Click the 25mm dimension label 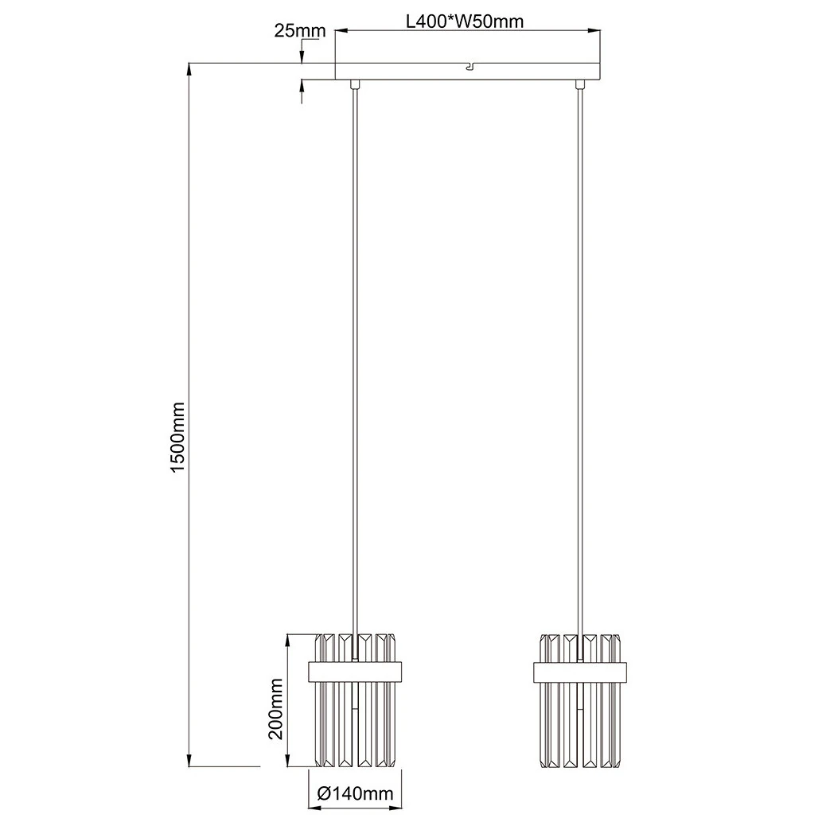point(300,30)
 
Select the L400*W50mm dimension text point(466,21)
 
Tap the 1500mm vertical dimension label point(178,437)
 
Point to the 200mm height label point(275,708)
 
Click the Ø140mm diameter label point(356,793)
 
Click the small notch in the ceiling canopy point(469,67)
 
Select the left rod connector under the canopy point(355,84)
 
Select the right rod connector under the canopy point(581,84)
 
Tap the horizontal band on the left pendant point(355,671)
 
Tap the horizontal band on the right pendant point(581,671)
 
